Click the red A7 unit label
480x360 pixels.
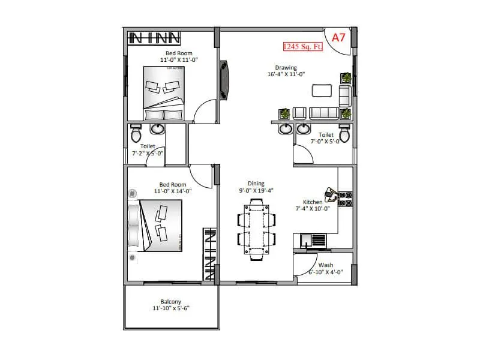tap(338, 37)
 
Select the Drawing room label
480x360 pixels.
tap(286, 68)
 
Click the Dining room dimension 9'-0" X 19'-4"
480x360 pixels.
tap(256, 191)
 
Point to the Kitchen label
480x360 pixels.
tap(313, 202)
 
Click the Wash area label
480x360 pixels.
tap(325, 265)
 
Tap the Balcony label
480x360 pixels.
tap(170, 301)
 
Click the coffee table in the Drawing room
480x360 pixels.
tap(322, 91)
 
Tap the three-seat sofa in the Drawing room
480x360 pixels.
tap(323, 113)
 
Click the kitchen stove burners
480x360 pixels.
tap(346, 199)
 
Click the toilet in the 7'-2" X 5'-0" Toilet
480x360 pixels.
tap(136, 131)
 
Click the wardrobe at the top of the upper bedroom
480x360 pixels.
tap(155, 38)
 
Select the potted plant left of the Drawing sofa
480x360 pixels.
tap(284, 113)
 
